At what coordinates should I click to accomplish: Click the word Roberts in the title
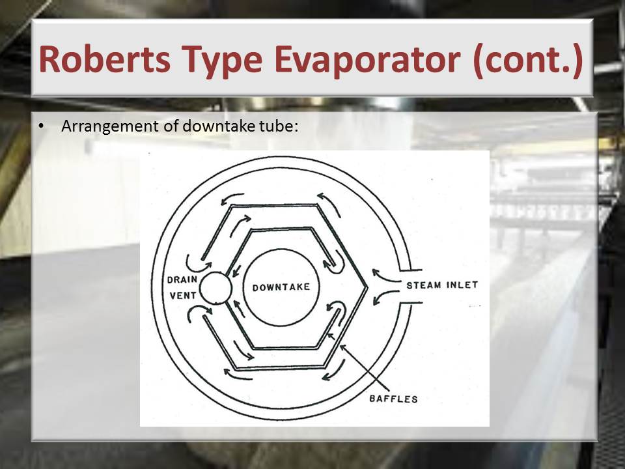tap(105, 59)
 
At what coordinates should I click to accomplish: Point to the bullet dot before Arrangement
tap(40, 126)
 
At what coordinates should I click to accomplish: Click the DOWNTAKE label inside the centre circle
tap(281, 287)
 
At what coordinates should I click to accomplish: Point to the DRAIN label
tap(182, 279)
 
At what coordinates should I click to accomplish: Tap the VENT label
tap(183, 296)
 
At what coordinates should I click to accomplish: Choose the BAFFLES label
tap(393, 399)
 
